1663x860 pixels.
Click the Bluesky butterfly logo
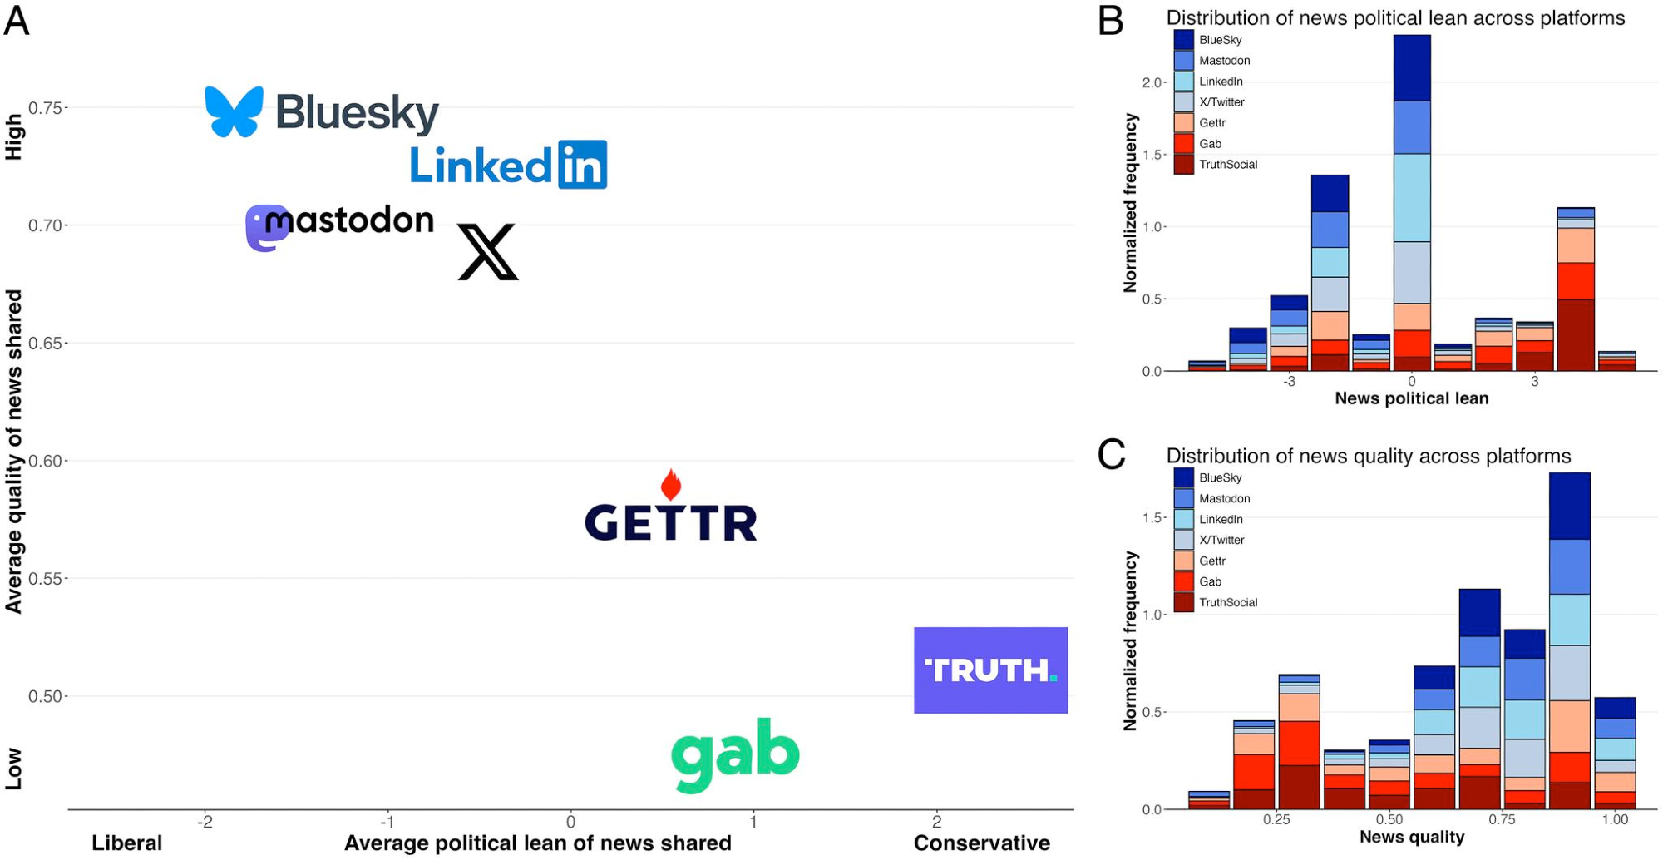coord(234,111)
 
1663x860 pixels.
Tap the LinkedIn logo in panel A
coord(508,165)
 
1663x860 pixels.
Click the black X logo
coord(488,251)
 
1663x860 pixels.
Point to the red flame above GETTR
coord(671,484)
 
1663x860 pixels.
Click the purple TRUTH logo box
coord(990,670)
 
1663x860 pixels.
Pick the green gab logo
coord(735,754)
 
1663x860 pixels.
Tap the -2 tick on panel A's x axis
coord(205,822)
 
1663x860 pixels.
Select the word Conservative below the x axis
coord(981,843)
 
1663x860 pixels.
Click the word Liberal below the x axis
coord(126,843)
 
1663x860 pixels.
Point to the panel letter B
coord(1111,21)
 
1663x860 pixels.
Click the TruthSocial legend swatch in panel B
coord(1184,164)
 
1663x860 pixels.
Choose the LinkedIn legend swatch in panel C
coord(1184,519)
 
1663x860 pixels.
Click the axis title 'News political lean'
coord(1411,398)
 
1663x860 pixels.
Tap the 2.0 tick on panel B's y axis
coord(1152,82)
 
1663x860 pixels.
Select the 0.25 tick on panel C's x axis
coord(1276,819)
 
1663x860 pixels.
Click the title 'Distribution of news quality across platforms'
coord(1368,456)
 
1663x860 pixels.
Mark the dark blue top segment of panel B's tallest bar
coord(1412,67)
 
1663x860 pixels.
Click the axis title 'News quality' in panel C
coord(1411,837)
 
